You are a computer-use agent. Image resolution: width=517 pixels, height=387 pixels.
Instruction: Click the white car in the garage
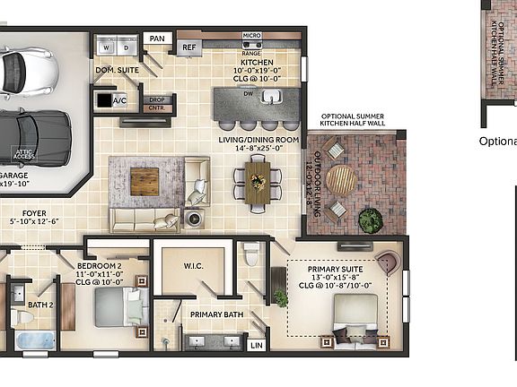point(27,71)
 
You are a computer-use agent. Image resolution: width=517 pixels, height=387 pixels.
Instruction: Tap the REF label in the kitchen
point(189,48)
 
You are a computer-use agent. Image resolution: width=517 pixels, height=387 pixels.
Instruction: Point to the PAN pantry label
point(157,39)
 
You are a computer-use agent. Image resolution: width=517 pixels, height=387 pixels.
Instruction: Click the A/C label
point(120,100)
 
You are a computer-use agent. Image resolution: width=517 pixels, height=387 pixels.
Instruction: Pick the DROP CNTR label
point(156,103)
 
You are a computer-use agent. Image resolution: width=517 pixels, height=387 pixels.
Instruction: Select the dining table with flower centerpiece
point(258,183)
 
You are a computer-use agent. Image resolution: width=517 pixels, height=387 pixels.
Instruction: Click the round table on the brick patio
point(341,180)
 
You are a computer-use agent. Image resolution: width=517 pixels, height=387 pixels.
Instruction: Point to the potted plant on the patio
point(370,219)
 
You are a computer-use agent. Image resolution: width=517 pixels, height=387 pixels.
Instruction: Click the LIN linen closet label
point(257,344)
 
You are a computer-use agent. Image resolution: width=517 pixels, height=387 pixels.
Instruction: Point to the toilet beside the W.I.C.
point(252,254)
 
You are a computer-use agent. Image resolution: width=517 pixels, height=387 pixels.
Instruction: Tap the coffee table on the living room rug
point(144,181)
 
